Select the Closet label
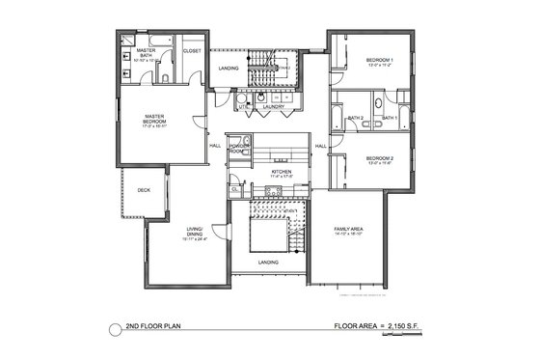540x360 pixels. [x=191, y=51]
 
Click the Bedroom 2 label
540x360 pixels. [x=380, y=161]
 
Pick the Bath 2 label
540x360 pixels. [x=356, y=118]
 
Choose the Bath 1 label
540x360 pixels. [x=390, y=118]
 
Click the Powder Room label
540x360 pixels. [x=238, y=149]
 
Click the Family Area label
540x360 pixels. [x=347, y=231]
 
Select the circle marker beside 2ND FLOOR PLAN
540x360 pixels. [x=116, y=327]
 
